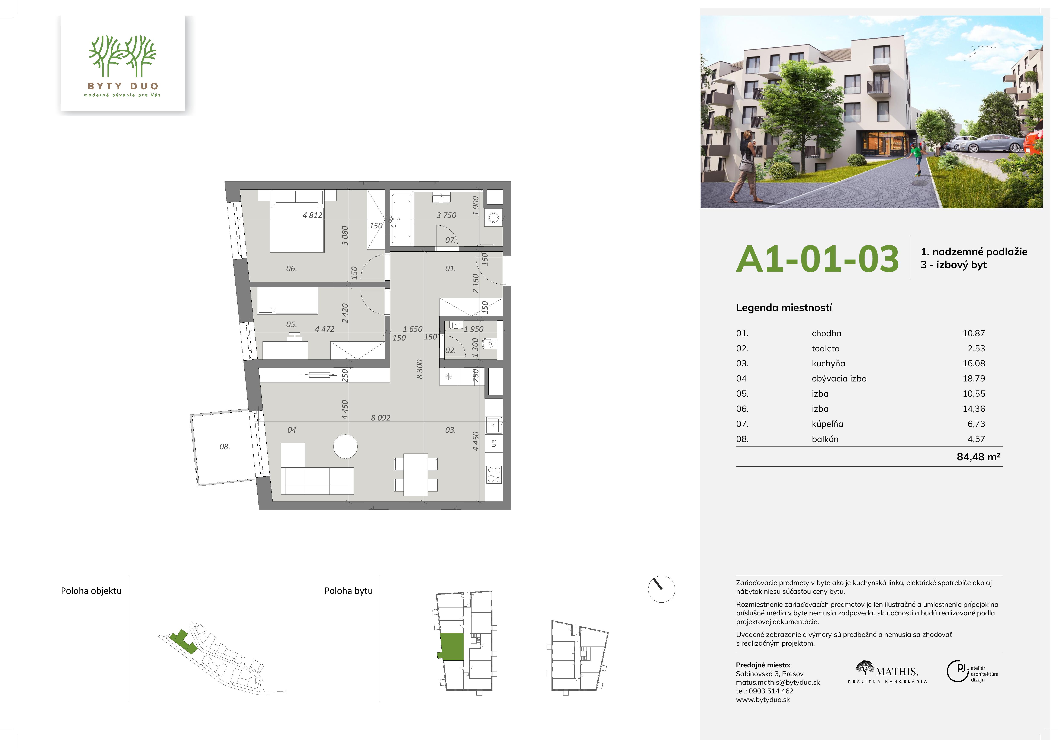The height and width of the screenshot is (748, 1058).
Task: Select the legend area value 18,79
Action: coord(974,379)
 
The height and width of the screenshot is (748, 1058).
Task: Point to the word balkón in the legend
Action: coord(825,439)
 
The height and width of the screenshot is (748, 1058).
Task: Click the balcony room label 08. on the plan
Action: coord(224,446)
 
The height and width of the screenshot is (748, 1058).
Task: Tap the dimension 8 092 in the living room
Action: coord(381,418)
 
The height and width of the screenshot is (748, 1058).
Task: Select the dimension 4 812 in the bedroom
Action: coord(312,215)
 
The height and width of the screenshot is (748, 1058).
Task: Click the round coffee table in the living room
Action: coord(346,446)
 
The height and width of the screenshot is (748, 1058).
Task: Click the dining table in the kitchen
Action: coord(416,474)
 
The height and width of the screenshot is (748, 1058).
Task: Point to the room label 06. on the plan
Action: coord(291,268)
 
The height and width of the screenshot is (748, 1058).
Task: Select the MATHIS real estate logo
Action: coord(887,672)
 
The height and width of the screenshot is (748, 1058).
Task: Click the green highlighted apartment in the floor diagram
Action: coord(452,647)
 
